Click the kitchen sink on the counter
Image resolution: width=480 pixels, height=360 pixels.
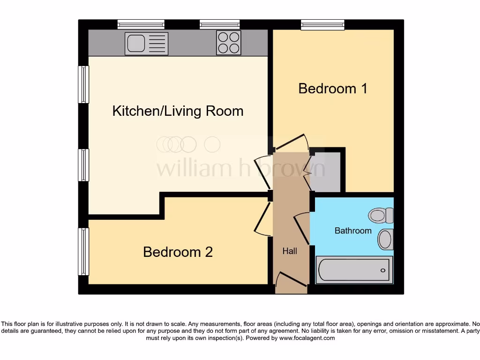(146, 43)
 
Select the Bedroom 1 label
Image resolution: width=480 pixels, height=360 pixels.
(332, 88)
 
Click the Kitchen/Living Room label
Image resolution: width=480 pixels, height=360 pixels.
(178, 111)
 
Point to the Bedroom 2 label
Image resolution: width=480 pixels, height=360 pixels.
(178, 252)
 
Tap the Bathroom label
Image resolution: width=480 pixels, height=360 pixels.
(352, 231)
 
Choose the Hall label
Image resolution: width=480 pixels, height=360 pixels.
(290, 251)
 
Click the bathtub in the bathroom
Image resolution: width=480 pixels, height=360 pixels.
(354, 270)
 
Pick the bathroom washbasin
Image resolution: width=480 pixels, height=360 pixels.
(385, 239)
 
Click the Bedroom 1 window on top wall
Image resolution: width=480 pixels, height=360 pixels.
(322, 24)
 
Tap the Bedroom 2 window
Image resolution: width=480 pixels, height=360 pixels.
(83, 251)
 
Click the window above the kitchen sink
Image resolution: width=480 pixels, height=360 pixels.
(141, 24)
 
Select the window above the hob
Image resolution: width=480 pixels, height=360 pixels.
(219, 24)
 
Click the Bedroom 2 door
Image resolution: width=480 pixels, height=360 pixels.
(262, 219)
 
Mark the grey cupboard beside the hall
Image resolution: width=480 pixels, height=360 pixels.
(326, 172)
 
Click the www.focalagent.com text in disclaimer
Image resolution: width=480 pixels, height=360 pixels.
(307, 338)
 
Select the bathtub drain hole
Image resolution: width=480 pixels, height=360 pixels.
(383, 270)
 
